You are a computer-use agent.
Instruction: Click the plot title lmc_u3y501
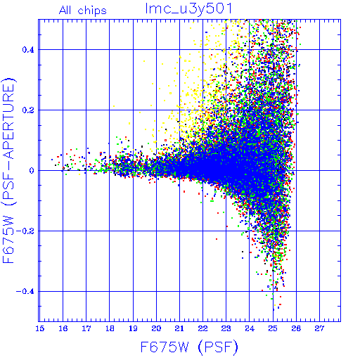pos(188,9)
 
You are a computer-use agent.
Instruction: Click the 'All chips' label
pos(83,11)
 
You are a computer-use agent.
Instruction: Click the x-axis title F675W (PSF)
pos(189,347)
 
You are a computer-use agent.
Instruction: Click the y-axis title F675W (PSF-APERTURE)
pos(9,170)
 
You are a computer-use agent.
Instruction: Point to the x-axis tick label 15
pos(40,328)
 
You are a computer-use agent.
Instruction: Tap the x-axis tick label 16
pos(63,328)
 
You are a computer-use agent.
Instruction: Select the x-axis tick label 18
pos(110,328)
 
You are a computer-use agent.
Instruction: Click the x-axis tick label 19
pos(133,328)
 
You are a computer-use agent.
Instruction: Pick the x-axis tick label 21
pos(179,328)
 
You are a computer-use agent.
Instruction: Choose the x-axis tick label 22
pos(202,328)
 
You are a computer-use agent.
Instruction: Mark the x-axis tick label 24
pos(250,328)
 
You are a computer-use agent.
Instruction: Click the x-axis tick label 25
pos(273,328)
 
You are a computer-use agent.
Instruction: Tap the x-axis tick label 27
pos(319,328)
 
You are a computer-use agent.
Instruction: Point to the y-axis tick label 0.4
pos(28,50)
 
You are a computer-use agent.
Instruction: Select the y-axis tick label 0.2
pos(28,110)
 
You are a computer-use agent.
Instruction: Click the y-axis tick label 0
pos(32,170)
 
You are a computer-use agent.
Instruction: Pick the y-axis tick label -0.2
pos(25,231)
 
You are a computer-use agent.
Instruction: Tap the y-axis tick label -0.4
pos(25,292)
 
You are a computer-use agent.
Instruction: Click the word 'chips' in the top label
pos(92,11)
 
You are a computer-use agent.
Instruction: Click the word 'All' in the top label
pos(65,10)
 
